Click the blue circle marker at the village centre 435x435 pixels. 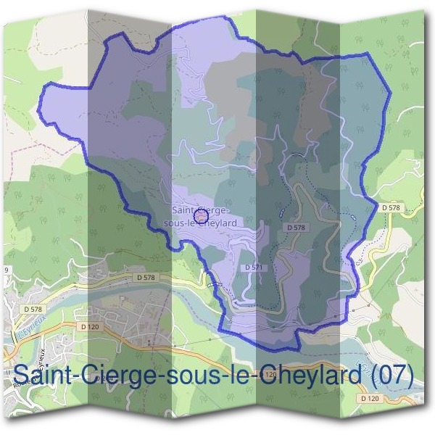[x=202, y=215]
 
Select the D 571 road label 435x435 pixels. [x=253, y=268]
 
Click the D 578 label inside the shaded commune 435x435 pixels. [x=296, y=228]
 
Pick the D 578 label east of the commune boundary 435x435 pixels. [x=391, y=207]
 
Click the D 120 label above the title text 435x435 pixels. [x=90, y=327]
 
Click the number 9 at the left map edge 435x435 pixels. [x=6, y=270]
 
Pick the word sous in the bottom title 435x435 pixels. [x=191, y=377]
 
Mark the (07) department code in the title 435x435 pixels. [x=392, y=376]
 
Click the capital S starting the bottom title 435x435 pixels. [x=22, y=376]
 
